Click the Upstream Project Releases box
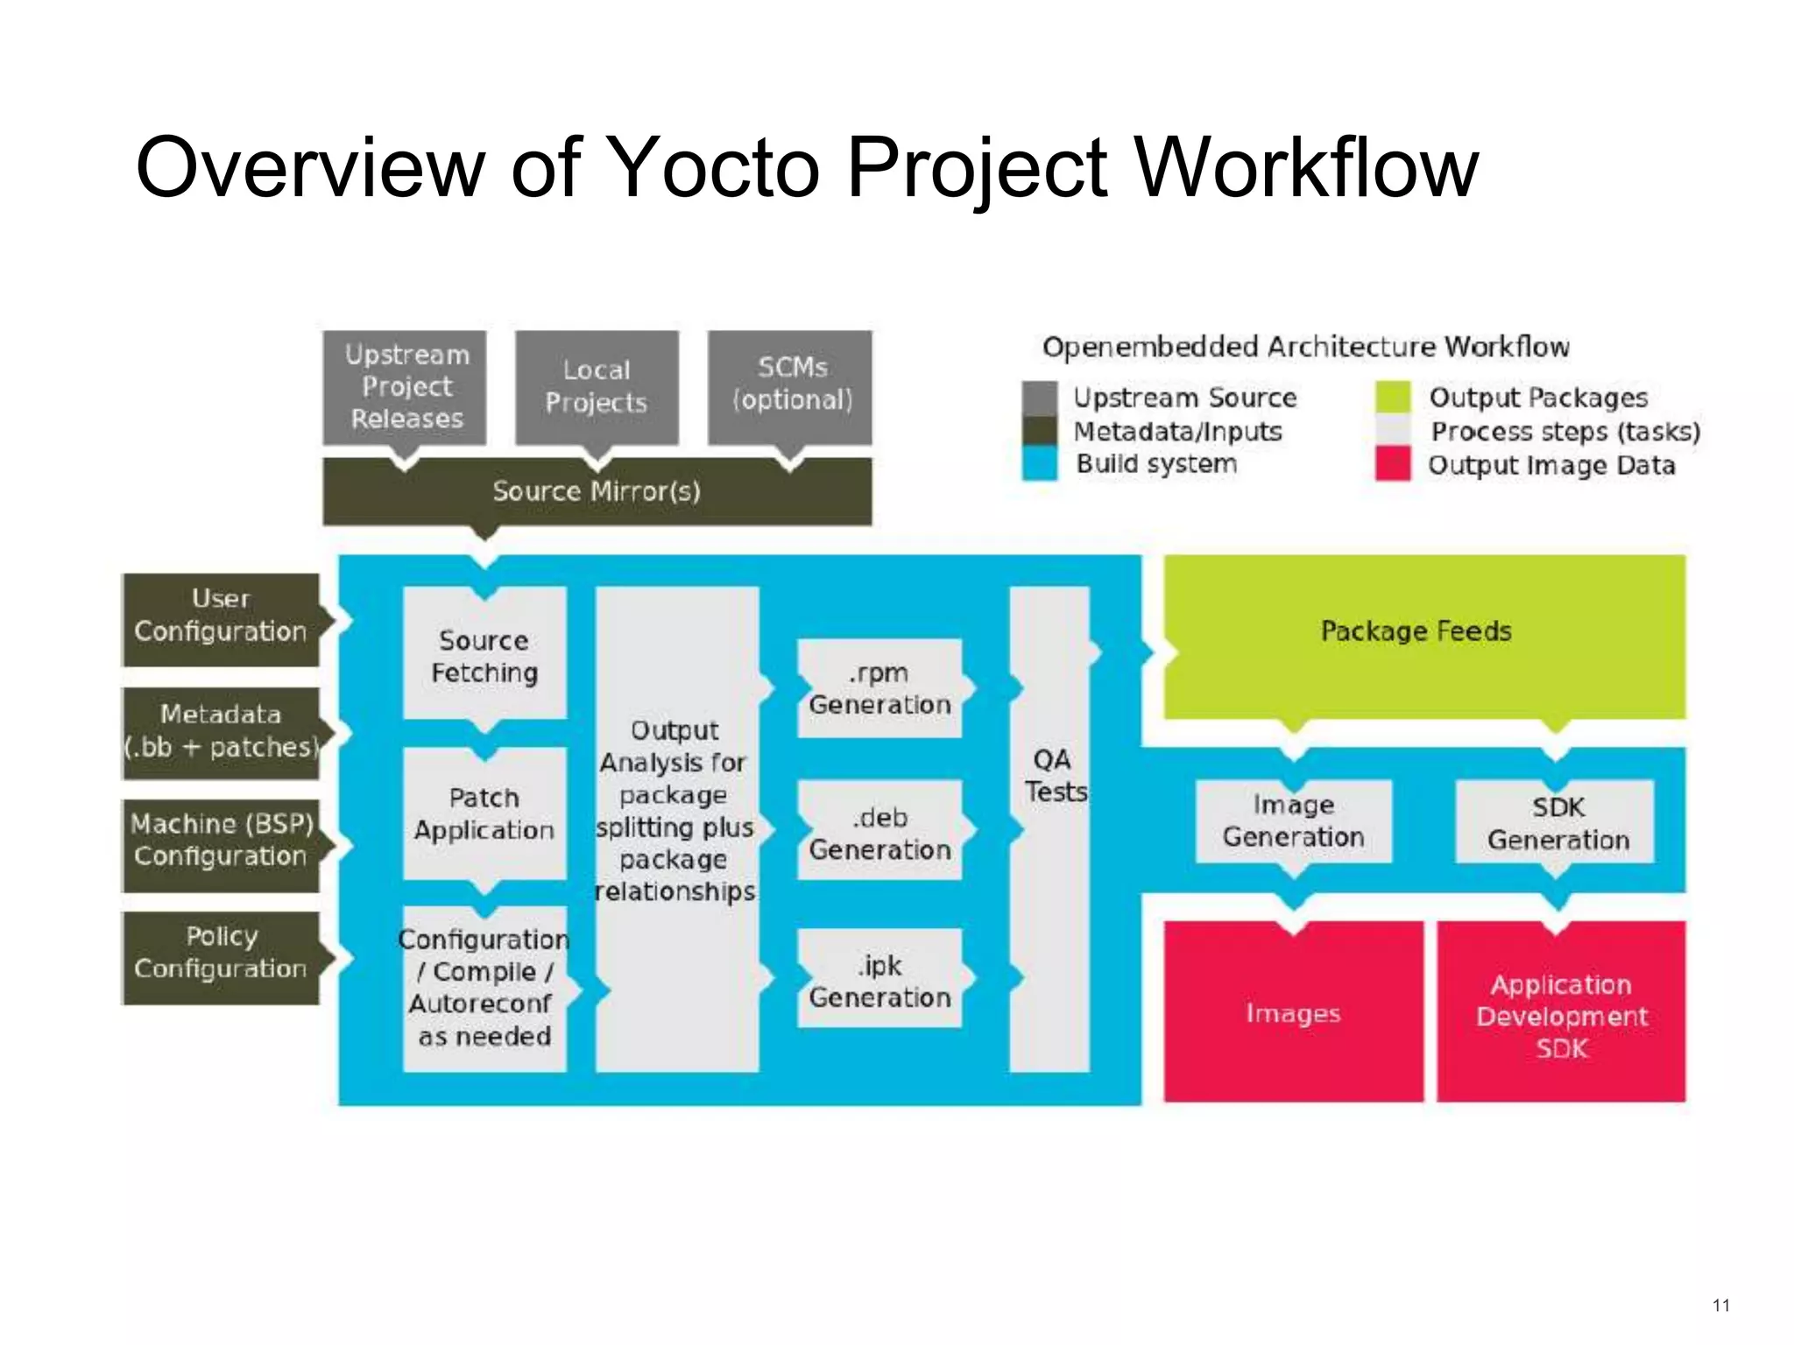point(405,387)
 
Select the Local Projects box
point(597,387)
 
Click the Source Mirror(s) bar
point(597,491)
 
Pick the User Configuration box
point(221,619)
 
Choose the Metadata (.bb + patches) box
point(221,732)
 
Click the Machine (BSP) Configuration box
point(221,844)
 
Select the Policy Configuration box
point(221,956)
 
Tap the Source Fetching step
point(484,655)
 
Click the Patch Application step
point(484,814)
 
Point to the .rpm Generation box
point(879,689)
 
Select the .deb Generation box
point(879,833)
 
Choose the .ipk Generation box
point(879,980)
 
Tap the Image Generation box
point(1293,821)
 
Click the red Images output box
point(1293,1013)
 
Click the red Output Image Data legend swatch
point(1393,463)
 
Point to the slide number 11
point(1720,1306)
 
